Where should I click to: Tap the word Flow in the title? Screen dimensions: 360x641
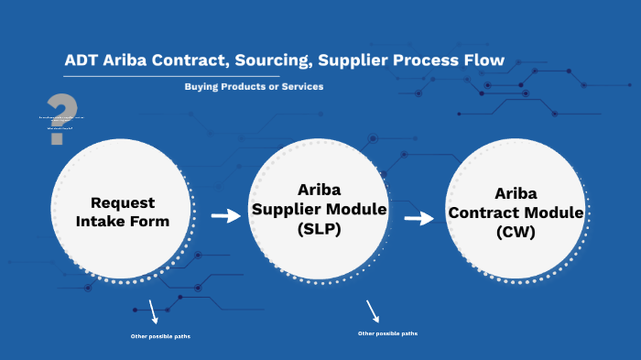coord(483,61)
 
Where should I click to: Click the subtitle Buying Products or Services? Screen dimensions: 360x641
coord(254,86)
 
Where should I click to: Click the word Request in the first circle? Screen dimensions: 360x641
coord(123,202)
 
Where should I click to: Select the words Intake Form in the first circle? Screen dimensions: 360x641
coord(123,221)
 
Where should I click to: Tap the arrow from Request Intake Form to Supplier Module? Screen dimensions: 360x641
coord(224,216)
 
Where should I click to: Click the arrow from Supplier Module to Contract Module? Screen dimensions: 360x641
coord(418,218)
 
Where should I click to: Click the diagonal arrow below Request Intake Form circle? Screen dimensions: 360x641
coord(153,312)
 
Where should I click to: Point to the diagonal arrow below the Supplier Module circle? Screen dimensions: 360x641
coord(373,310)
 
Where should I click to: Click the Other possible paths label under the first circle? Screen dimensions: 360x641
coord(160,337)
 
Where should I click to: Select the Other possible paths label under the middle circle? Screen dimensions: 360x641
coord(387,333)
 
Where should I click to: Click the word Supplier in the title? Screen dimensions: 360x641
coord(371,61)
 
